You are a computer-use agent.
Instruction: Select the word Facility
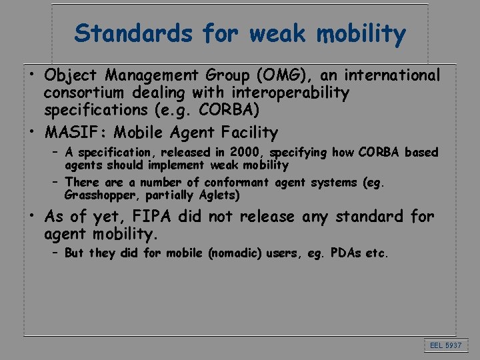coord(246,132)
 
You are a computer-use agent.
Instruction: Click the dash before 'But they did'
coord(55,253)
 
